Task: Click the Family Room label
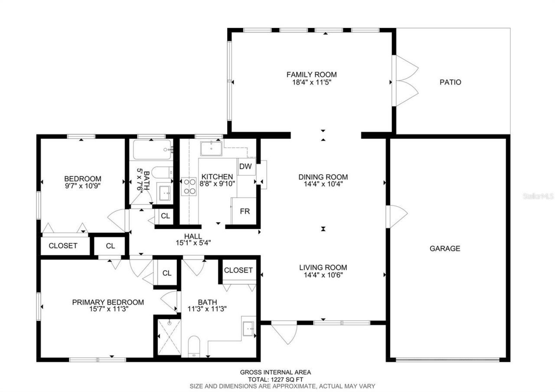[311, 75]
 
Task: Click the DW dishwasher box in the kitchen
[245, 167]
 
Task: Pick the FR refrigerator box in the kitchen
[245, 211]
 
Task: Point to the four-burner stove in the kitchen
[189, 186]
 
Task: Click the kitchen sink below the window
[211, 148]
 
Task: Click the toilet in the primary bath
[194, 346]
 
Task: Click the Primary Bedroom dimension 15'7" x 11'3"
[108, 309]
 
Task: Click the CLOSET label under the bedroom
[63, 245]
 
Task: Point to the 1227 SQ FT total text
[276, 379]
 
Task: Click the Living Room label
[323, 268]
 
